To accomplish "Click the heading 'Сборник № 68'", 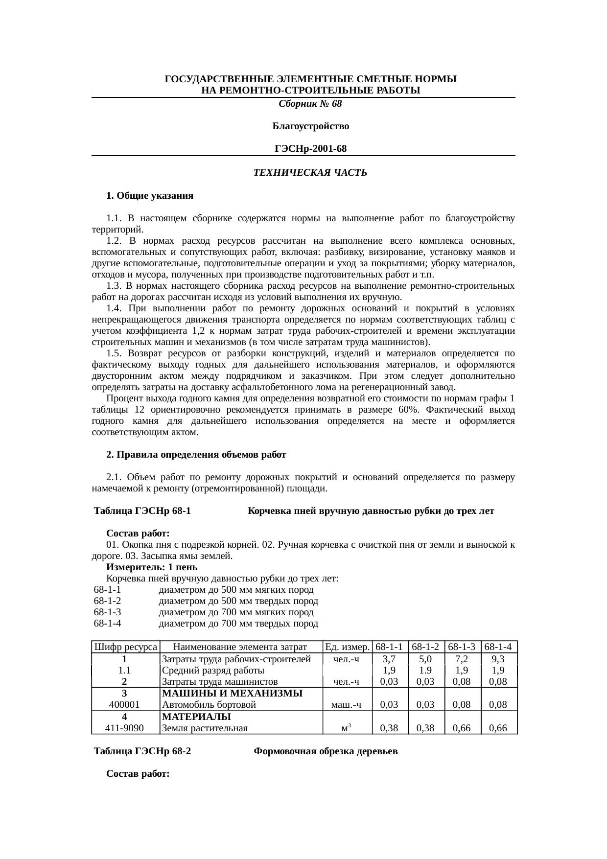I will [x=310, y=104].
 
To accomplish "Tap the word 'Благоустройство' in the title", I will [x=310, y=126].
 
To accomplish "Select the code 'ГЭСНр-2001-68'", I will [x=310, y=148].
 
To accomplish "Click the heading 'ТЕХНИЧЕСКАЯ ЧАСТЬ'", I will [x=310, y=173].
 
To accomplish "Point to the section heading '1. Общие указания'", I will [x=150, y=196].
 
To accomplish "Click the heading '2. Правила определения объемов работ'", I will [x=196, y=454].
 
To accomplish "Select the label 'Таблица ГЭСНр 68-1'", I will [x=142, y=511].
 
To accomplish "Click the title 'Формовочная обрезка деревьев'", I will [x=326, y=751].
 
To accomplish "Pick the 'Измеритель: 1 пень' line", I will [x=152, y=567].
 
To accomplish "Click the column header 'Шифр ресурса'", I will [x=125, y=647].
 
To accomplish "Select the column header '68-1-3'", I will [x=463, y=647].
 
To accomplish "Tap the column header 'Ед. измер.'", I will [x=347, y=647].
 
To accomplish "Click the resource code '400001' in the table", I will [x=124, y=705].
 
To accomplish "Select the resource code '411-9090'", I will [x=124, y=728].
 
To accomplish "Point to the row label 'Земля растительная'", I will [x=205, y=728].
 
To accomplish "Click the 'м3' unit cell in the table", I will [x=347, y=728].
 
